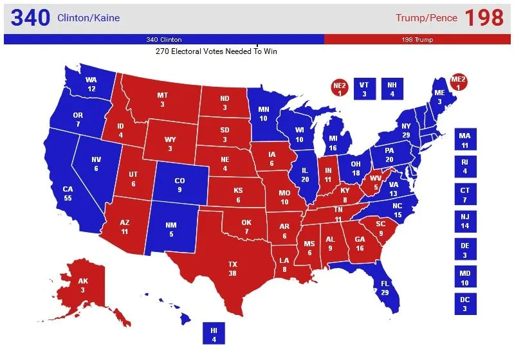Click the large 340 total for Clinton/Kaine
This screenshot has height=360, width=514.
(30, 17)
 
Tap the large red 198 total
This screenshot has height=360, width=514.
(484, 17)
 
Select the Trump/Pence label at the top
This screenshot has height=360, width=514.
(426, 18)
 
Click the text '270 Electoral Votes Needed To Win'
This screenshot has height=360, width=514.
(220, 51)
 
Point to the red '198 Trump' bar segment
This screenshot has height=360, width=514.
(418, 39)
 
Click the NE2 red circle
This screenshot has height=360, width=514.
(340, 89)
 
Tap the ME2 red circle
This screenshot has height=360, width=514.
(459, 83)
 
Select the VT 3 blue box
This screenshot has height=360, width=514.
(365, 89)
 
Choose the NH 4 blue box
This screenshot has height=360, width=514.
(392, 89)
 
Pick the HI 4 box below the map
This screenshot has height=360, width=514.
(214, 334)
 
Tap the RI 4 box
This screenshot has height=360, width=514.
(464, 166)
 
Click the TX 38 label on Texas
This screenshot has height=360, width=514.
(232, 269)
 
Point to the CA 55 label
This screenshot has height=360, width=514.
(68, 194)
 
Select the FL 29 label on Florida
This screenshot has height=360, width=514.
(385, 287)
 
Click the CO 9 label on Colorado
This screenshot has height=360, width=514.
(180, 185)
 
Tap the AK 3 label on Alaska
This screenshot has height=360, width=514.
(82, 285)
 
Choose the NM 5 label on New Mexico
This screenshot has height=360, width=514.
(171, 230)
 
